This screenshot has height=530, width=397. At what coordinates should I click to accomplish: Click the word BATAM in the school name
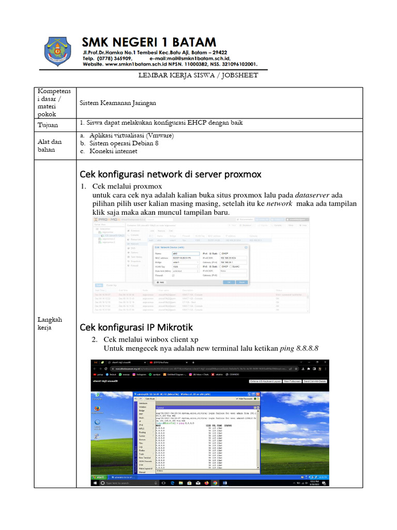pos(190,41)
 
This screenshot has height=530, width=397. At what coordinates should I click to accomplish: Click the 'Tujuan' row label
pos(48,125)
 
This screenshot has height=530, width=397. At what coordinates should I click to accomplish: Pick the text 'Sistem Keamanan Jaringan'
pos(118,103)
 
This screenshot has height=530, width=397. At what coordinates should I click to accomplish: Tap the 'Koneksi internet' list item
pos(114,151)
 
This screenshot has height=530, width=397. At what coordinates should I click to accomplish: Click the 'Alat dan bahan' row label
pos(50,145)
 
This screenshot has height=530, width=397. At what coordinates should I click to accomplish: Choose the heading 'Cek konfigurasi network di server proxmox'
pos(170,173)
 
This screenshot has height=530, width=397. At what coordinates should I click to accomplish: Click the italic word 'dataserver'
pos(312,195)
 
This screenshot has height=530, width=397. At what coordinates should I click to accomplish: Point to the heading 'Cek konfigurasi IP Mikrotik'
pos(135,327)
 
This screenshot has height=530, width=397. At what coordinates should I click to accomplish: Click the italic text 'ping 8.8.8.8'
pos(299,348)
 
